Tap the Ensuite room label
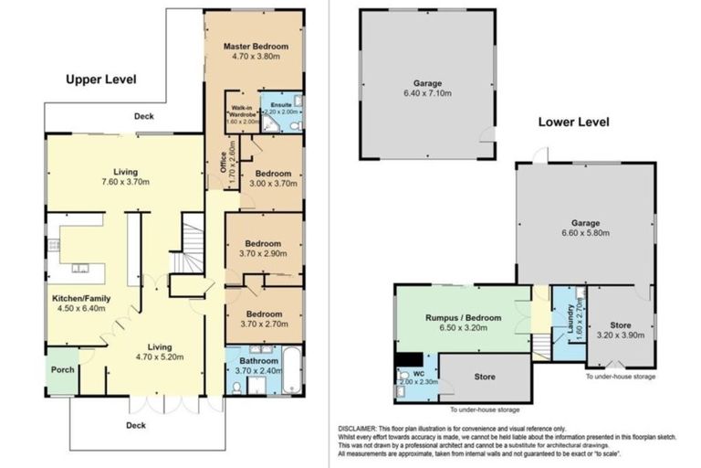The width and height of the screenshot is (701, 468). [280, 106]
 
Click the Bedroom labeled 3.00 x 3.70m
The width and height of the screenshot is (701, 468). [273, 173]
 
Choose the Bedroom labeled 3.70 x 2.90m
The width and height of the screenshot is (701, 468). [265, 243]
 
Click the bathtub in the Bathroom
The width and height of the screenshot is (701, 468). [289, 371]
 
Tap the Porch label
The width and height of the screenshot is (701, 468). [63, 369]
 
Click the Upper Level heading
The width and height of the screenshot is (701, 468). [100, 80]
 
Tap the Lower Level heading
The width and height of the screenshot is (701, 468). [572, 122]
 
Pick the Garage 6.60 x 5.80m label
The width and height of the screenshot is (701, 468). [584, 222]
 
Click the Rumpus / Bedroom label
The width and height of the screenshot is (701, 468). [465, 317]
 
